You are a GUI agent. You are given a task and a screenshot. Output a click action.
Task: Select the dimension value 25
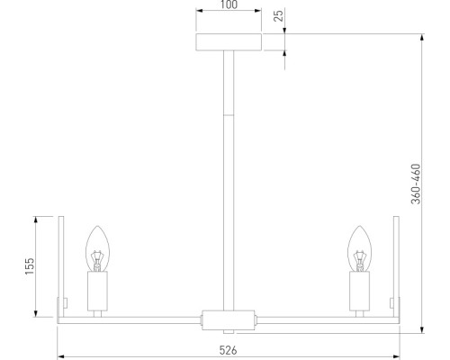click(279, 16)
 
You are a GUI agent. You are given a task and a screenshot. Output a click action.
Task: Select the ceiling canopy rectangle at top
click(229, 43)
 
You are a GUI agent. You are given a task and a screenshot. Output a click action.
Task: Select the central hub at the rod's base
click(229, 318)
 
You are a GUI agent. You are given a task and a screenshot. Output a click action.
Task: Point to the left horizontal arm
click(135, 318)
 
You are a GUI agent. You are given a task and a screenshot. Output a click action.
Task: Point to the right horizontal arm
click(324, 318)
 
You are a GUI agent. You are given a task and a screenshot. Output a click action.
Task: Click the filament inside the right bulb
click(360, 259)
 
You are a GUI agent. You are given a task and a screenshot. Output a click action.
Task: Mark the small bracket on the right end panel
click(391, 302)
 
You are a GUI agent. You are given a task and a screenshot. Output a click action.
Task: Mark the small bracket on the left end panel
click(66, 302)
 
